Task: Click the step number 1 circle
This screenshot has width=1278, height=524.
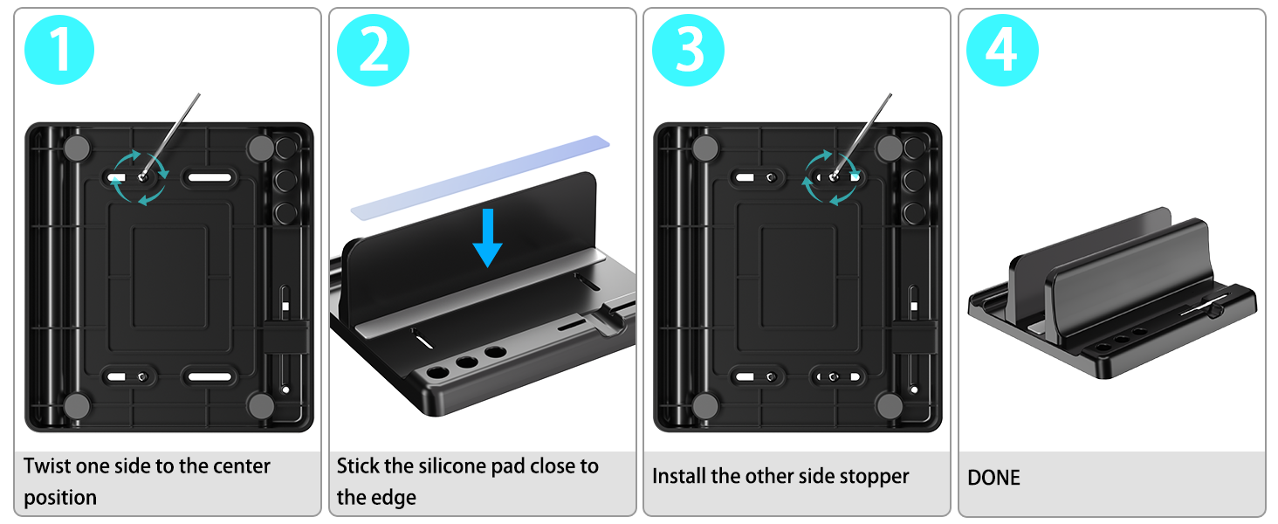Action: click(59, 51)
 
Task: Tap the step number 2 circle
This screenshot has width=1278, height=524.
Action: click(373, 51)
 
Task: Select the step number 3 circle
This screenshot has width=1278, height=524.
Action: click(688, 51)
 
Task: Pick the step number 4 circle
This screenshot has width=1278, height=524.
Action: click(1002, 51)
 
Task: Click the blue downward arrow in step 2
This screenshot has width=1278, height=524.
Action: click(487, 238)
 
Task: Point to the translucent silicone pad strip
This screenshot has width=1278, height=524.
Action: click(480, 177)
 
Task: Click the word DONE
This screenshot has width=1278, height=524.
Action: click(993, 478)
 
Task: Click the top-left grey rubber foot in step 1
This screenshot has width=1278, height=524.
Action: click(77, 148)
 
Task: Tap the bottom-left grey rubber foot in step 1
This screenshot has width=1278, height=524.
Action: click(77, 406)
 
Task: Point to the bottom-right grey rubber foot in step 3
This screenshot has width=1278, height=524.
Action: click(889, 406)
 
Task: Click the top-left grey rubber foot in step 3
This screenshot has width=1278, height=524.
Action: click(705, 148)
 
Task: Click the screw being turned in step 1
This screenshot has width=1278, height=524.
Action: click(142, 177)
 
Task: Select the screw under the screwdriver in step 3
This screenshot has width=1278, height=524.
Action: click(834, 177)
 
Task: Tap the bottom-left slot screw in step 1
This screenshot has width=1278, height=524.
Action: click(142, 376)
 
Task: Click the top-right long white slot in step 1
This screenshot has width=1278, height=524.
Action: click(210, 177)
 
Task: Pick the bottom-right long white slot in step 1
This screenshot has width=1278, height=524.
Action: click(210, 376)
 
